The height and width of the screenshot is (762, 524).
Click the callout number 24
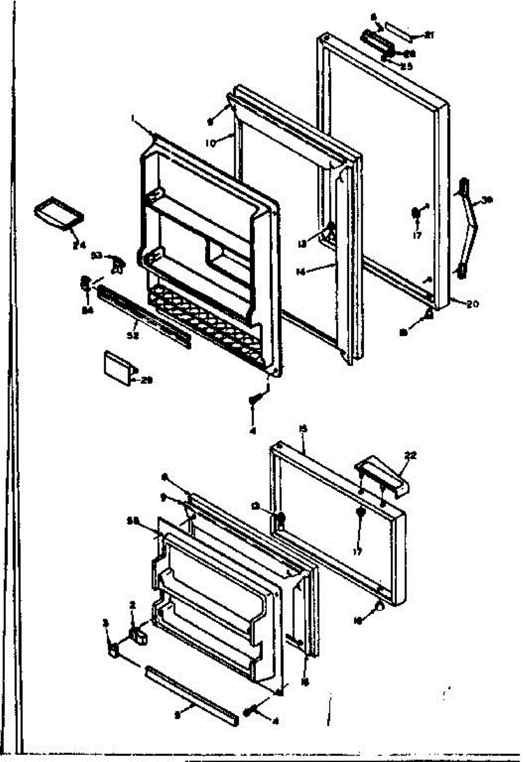click(x=79, y=245)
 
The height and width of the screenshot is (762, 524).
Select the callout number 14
click(x=301, y=272)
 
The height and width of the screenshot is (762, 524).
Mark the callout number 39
click(x=487, y=200)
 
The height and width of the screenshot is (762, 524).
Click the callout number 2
click(x=133, y=605)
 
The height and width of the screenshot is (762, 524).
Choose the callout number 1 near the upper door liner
click(x=134, y=118)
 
